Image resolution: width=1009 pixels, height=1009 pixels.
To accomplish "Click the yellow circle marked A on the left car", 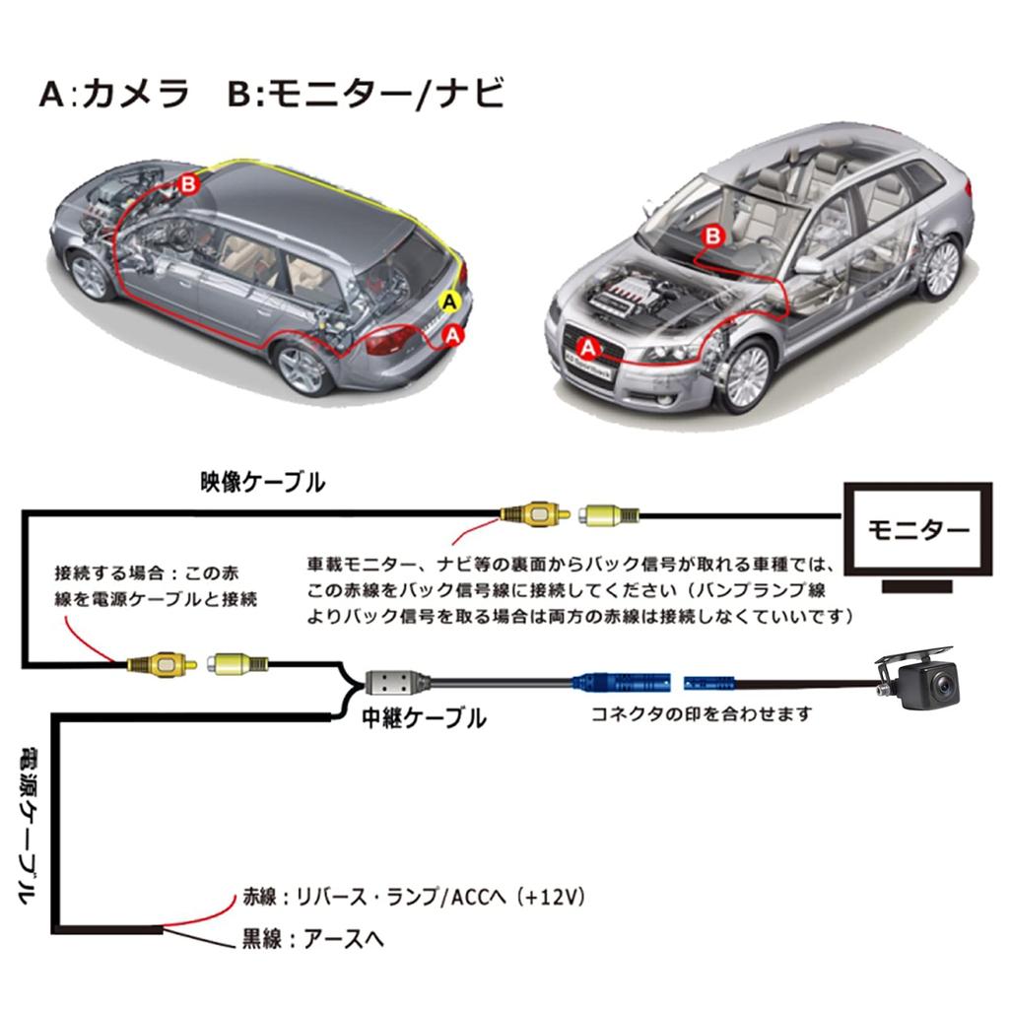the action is tap(450, 302).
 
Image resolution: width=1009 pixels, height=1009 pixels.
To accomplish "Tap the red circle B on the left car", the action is tap(188, 185).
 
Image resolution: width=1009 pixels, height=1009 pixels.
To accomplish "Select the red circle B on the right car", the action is tap(713, 236).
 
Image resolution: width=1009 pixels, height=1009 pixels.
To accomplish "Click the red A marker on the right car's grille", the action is tap(589, 348).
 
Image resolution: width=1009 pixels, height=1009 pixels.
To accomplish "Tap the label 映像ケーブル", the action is tap(262, 482).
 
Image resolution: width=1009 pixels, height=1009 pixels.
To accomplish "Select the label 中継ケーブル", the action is tap(423, 717).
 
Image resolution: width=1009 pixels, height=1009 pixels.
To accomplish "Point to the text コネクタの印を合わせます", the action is tap(702, 713).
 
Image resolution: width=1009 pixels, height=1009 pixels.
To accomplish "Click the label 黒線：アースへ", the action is tap(312, 939).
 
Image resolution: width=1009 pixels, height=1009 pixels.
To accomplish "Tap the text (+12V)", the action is tap(551, 897).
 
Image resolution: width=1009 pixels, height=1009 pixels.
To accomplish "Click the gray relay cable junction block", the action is tap(390, 682).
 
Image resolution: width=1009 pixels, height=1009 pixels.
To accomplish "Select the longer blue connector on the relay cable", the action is tap(622, 682).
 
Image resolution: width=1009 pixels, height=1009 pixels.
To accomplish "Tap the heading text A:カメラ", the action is tap(114, 94).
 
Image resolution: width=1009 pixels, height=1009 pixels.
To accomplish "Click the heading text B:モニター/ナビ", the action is tap(366, 94).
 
